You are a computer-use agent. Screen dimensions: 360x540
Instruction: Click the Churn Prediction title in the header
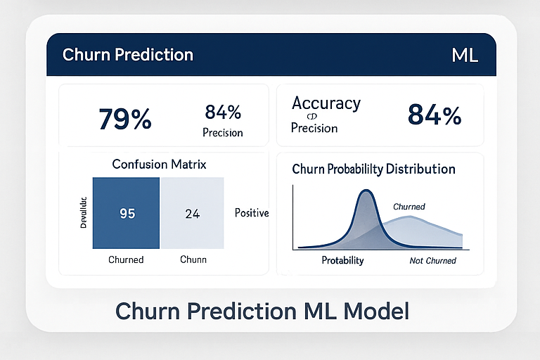tap(127, 55)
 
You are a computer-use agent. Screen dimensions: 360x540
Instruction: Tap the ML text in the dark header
tap(464, 56)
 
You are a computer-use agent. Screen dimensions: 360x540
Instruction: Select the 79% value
tap(125, 119)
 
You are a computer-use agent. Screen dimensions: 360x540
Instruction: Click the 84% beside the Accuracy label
tap(435, 115)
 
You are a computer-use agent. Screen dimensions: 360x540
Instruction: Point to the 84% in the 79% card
tap(223, 112)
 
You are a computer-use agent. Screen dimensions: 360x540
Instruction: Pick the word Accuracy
tap(326, 103)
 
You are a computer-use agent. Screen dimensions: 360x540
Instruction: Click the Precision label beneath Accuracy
tap(315, 129)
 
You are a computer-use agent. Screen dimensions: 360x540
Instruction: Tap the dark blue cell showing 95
tap(127, 214)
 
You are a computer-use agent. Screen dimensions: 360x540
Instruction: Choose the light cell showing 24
tap(192, 214)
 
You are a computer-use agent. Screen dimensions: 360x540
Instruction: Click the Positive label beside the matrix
tap(252, 212)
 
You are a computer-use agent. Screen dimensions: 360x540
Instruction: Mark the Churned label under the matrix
tap(126, 259)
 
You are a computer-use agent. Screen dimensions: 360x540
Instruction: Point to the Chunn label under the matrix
tap(193, 259)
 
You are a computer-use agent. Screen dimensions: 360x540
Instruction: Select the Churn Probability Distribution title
tap(373, 169)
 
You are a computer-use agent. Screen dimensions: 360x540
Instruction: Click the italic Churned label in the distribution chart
tap(409, 207)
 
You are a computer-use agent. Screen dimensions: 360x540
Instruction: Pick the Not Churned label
tap(432, 261)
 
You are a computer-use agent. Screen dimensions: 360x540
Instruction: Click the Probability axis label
tap(342, 260)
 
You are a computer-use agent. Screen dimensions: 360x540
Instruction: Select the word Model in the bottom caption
tap(373, 310)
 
